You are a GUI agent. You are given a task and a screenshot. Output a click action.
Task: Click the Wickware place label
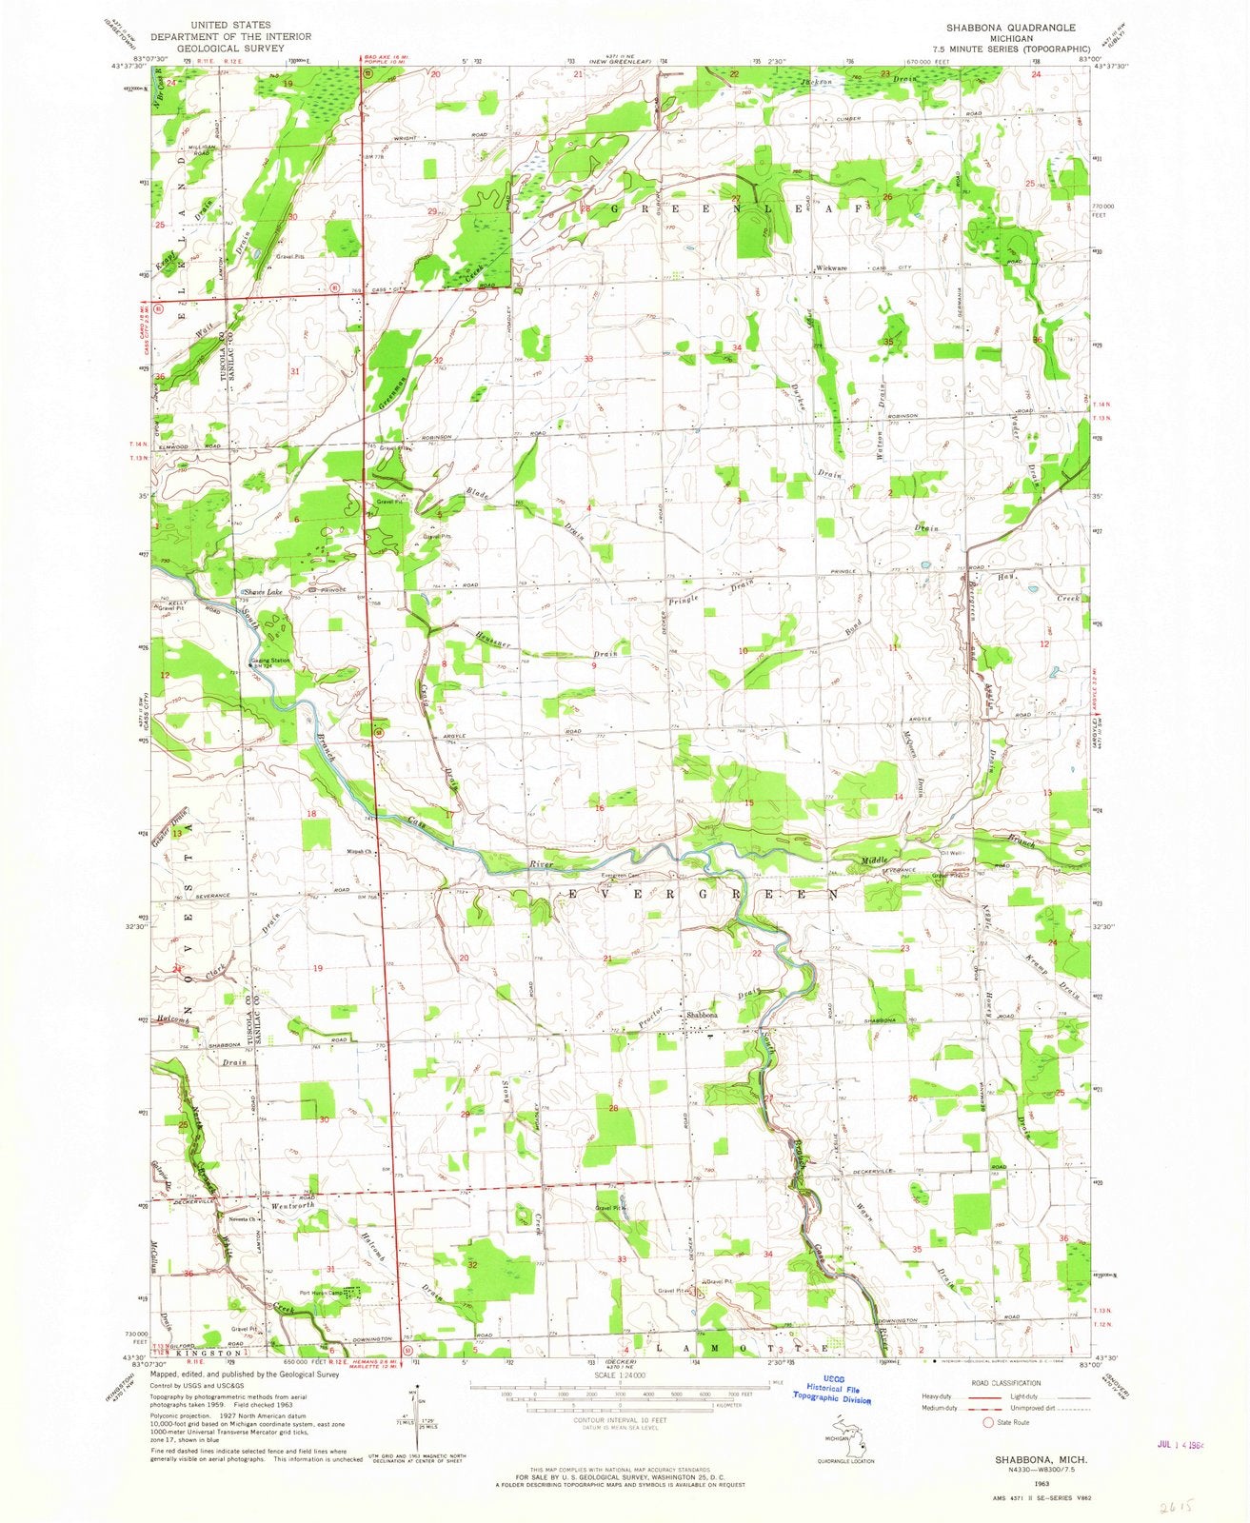click(830, 267)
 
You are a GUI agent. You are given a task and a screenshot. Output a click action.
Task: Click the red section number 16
click(600, 807)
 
